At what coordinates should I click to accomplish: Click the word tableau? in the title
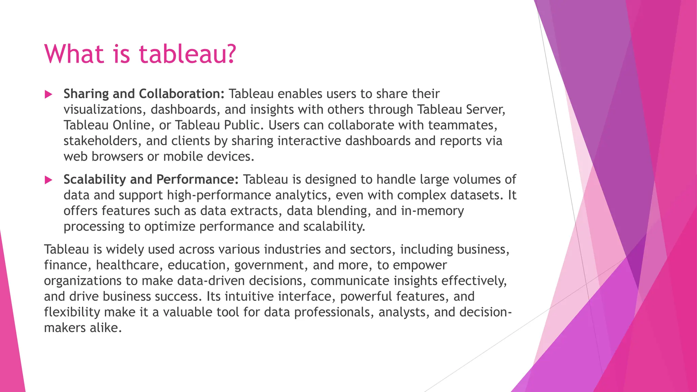pyautogui.click(x=188, y=54)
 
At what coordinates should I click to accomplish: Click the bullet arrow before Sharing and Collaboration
pyautogui.click(x=48, y=95)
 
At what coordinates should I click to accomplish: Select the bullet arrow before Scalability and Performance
pyautogui.click(x=48, y=180)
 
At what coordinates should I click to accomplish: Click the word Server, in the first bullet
pyautogui.click(x=486, y=110)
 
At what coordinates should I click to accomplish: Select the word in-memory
pyautogui.click(x=432, y=211)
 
